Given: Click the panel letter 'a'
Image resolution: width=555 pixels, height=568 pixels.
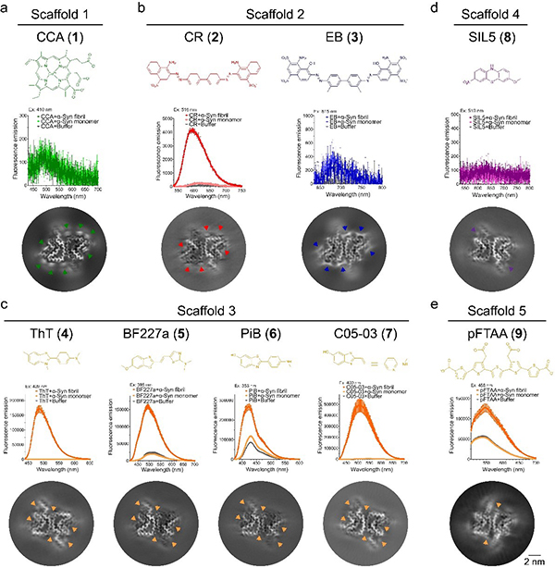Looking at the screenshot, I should coord(7,8).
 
